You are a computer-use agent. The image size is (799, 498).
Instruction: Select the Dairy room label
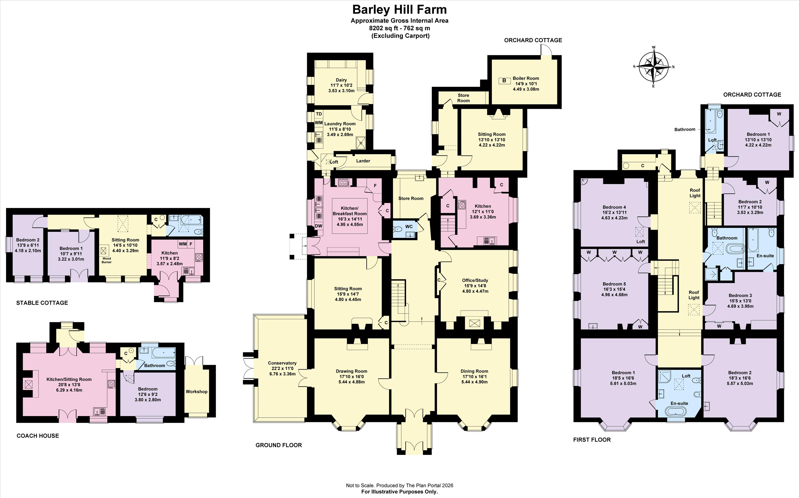tap(341, 80)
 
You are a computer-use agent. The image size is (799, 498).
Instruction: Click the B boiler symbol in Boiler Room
tap(504, 80)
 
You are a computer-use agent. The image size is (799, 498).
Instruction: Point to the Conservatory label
tap(282, 363)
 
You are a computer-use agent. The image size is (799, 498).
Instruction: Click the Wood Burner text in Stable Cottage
tap(106, 260)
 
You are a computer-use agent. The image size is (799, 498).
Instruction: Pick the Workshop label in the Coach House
tap(197, 392)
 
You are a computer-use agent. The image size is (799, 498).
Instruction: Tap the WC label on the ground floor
tap(409, 227)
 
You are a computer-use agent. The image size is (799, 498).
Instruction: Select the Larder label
tap(363, 161)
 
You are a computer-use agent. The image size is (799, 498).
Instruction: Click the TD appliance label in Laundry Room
tap(319, 114)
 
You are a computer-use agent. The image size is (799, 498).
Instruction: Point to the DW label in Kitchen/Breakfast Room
tap(319, 226)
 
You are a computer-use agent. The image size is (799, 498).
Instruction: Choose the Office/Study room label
tap(475, 280)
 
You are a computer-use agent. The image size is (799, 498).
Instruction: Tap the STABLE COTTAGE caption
tap(42, 303)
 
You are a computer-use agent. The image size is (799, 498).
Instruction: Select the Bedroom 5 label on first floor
tap(614, 284)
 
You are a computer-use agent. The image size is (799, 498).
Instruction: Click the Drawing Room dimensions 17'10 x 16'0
tap(352, 376)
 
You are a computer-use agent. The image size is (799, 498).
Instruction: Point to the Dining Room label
tap(474, 371)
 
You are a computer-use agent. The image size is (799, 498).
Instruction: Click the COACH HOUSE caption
tap(38, 436)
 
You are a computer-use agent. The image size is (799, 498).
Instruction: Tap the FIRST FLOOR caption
tap(592, 440)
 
